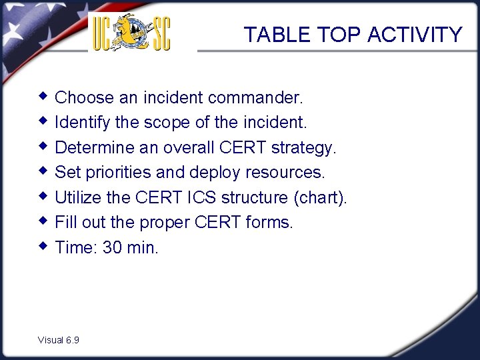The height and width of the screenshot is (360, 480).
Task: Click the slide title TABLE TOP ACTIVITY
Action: coord(353,35)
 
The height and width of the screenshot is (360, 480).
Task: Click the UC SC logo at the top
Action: coord(131,33)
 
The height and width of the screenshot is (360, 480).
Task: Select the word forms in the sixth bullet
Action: coord(268,223)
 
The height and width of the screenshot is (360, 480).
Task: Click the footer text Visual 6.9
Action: coord(59,340)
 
